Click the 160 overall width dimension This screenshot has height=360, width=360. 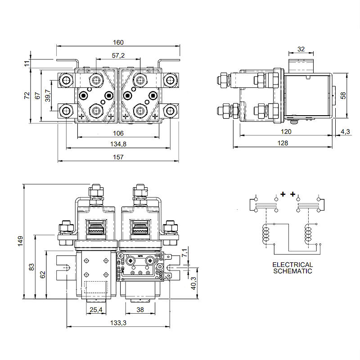pyautogui.click(x=118, y=42)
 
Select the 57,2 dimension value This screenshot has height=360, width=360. pyautogui.click(x=118, y=55)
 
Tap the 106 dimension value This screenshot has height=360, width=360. pyautogui.click(x=118, y=133)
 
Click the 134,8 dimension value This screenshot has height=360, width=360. pyautogui.click(x=118, y=144)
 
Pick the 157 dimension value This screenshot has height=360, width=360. pyautogui.click(x=118, y=157)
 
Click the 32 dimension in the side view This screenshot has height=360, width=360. pyautogui.click(x=301, y=49)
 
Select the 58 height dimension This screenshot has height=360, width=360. pyautogui.click(x=344, y=96)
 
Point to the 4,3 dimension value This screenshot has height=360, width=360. pyautogui.click(x=345, y=131)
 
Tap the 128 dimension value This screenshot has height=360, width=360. pyautogui.click(x=283, y=143)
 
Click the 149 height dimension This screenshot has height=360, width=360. pyautogui.click(x=18, y=241)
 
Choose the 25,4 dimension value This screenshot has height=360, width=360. pyautogui.click(x=95, y=310)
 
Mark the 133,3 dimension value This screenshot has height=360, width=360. pyautogui.click(x=118, y=323)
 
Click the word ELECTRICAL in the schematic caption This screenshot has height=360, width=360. pyautogui.click(x=292, y=265)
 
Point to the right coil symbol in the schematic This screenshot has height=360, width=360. pyautogui.click(x=309, y=234)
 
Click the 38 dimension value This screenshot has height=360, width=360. pyautogui.click(x=140, y=310)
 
